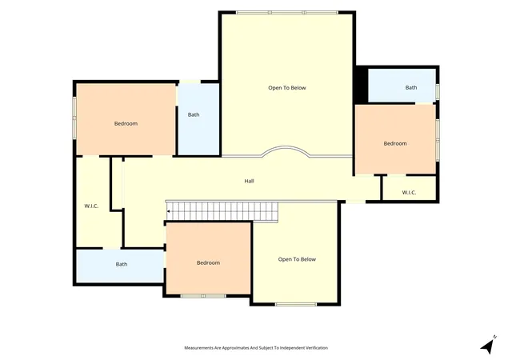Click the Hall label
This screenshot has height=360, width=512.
click(x=249, y=181)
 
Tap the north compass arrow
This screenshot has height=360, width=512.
click(x=488, y=346)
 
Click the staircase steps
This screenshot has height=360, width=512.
click(x=222, y=211)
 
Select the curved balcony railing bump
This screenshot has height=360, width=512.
click(x=286, y=150)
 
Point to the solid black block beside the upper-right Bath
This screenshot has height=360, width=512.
click(x=362, y=85)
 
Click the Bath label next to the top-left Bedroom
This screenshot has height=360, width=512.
click(x=194, y=114)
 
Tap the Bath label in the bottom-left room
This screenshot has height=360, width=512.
click(x=122, y=264)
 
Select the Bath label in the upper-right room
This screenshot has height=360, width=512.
click(x=411, y=87)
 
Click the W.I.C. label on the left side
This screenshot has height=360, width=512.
click(x=91, y=206)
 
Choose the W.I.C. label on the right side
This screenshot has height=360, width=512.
click(x=409, y=193)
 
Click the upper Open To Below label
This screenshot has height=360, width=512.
click(x=287, y=88)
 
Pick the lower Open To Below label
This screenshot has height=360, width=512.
click(x=297, y=259)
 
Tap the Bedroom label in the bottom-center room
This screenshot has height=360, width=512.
click(x=208, y=263)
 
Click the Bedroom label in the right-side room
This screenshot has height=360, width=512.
click(x=395, y=144)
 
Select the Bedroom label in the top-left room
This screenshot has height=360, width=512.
click(x=126, y=124)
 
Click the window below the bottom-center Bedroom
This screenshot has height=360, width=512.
click(x=203, y=296)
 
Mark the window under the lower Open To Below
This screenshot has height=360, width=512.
click(x=296, y=305)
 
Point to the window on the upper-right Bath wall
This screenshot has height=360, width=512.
click(x=438, y=91)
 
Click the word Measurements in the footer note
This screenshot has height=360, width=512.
click(x=198, y=348)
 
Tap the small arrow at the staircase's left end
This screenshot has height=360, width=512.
click(x=168, y=211)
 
